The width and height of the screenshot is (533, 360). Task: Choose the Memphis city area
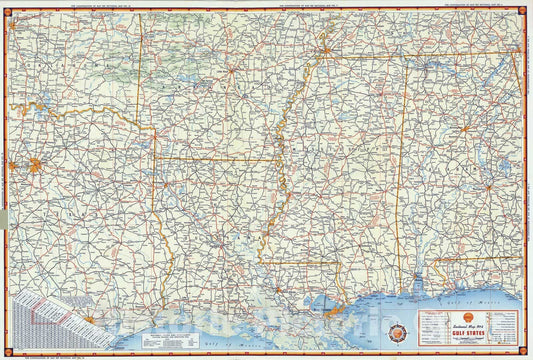click(325, 48)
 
